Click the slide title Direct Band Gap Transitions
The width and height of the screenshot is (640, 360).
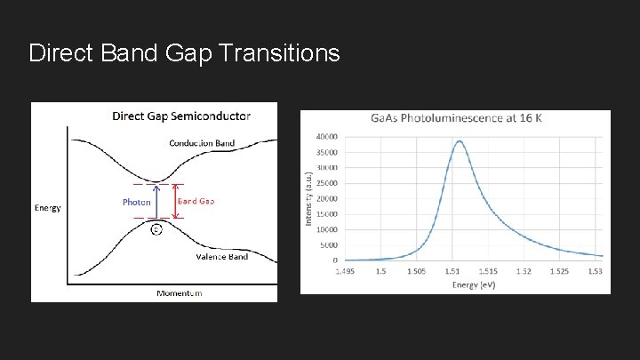[x=184, y=53]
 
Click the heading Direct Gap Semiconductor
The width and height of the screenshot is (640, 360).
[x=180, y=116]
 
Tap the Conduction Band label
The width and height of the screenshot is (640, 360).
[x=202, y=143]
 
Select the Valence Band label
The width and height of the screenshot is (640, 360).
[x=221, y=257]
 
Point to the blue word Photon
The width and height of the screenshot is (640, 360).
[x=136, y=202]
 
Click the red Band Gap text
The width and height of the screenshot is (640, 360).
[x=196, y=201]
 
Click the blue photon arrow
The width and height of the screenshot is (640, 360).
[x=156, y=201]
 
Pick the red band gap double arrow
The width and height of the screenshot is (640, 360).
[x=174, y=201]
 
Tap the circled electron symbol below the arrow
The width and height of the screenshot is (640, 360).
[x=156, y=229]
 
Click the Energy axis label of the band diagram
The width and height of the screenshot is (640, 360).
[x=47, y=208]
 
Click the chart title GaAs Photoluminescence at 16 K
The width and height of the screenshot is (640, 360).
[x=455, y=120]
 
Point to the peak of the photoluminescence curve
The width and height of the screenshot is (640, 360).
[x=459, y=140]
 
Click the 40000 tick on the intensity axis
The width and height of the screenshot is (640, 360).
[x=325, y=137]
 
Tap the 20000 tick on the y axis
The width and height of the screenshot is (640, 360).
[x=325, y=198]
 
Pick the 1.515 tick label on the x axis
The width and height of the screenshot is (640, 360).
[x=487, y=270]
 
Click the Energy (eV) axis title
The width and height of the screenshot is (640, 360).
[x=473, y=284]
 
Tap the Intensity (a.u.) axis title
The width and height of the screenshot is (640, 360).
[x=308, y=197]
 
